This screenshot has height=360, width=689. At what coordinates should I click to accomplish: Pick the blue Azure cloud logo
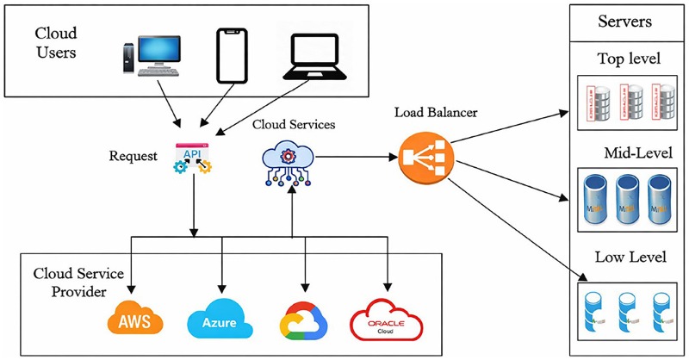click(x=219, y=322)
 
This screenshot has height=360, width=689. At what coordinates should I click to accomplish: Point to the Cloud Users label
click(x=55, y=42)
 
